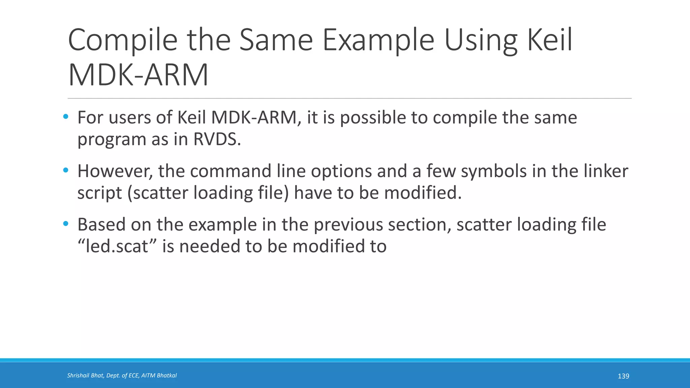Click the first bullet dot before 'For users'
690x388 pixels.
[x=66, y=117]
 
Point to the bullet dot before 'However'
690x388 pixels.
[x=66, y=170]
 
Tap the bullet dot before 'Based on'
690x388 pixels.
[x=66, y=224]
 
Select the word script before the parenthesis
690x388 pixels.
[x=99, y=193]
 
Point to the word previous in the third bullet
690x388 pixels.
[x=348, y=224]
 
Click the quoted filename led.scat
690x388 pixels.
[x=117, y=246]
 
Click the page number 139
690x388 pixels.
[x=623, y=376]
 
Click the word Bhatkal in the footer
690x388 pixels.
[x=166, y=376]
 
